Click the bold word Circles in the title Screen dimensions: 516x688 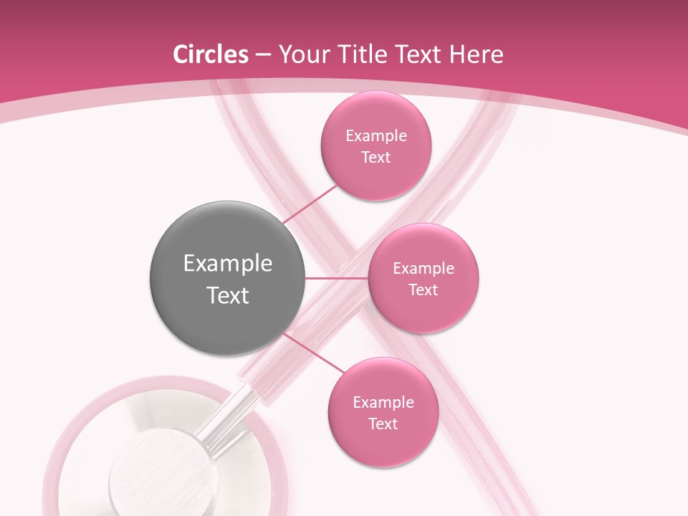click(211, 54)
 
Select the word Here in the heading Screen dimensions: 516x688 click(477, 54)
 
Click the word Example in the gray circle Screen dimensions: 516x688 click(227, 264)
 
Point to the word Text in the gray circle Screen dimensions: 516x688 click(227, 295)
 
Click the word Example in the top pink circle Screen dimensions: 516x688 click(376, 136)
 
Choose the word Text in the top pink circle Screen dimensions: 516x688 click(376, 158)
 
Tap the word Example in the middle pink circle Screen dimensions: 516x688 click(423, 269)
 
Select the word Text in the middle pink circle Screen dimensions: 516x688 click(423, 290)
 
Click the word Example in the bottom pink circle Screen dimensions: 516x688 click(383, 403)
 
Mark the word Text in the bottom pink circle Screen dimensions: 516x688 click(383, 424)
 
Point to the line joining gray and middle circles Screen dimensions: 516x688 click(337, 278)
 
